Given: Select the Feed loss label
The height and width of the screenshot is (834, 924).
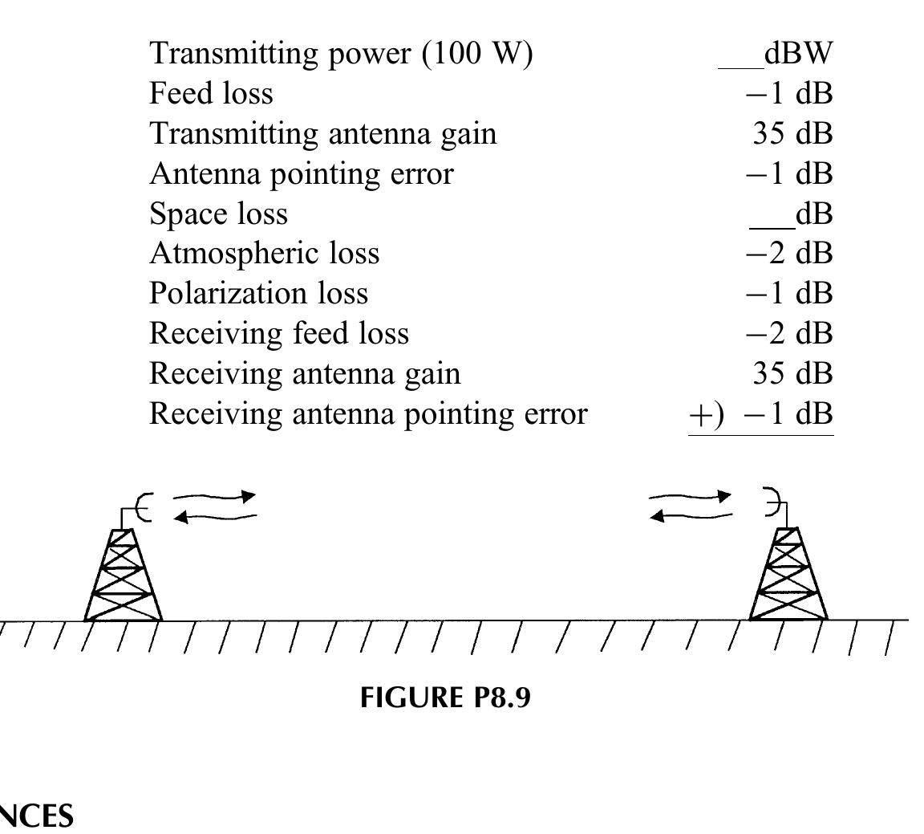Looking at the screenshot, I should [x=211, y=94].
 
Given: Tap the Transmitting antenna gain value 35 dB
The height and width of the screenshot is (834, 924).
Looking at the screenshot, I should [x=792, y=133].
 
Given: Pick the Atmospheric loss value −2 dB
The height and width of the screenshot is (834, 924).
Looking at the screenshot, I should [x=789, y=254].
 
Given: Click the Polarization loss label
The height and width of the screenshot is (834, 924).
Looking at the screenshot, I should [x=258, y=294].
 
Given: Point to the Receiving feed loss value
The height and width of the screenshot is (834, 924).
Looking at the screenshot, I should [x=789, y=334].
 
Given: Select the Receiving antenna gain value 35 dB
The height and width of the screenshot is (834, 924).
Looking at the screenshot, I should [x=792, y=374].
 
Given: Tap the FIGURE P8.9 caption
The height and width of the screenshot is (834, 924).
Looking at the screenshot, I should [x=445, y=698].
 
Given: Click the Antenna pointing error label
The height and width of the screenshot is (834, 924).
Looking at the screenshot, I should [x=301, y=173].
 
